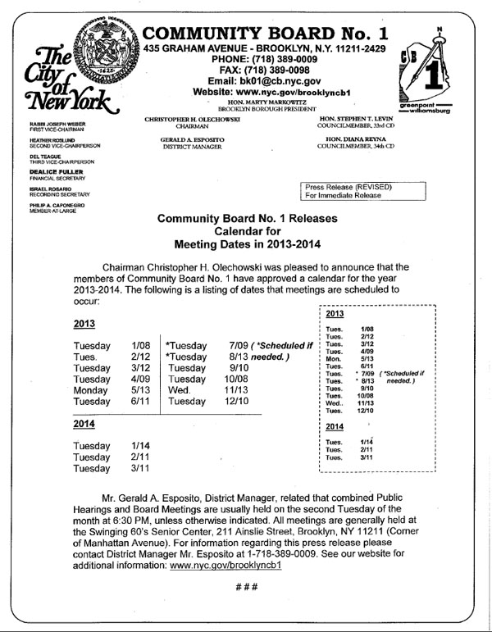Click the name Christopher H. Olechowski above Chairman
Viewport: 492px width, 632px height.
pos(188,120)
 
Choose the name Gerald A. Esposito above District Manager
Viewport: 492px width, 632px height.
pos(188,140)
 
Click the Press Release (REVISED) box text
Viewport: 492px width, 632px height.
pos(348,188)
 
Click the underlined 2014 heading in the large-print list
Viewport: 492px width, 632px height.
pos(84,424)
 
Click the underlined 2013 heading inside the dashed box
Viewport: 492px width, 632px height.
pos(335,314)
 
